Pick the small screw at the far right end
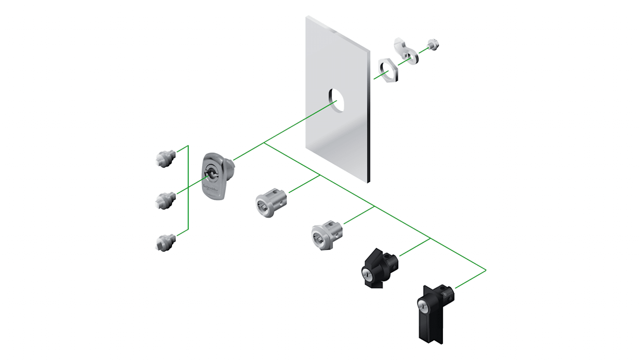(x=433, y=45)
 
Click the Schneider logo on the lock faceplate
(x=210, y=188)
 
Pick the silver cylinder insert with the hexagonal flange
(x=326, y=234)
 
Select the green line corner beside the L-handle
(x=486, y=270)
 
